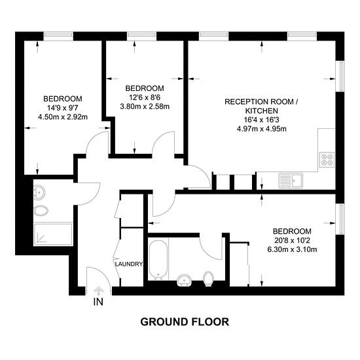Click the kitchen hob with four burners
(x=327, y=160)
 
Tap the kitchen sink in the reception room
(x=291, y=181)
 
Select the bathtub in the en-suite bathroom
(x=158, y=260)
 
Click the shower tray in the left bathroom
(x=53, y=234)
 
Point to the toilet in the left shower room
(x=41, y=210)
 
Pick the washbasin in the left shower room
(x=39, y=192)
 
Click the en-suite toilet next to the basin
(x=208, y=279)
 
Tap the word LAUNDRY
(x=129, y=264)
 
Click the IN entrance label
(x=98, y=302)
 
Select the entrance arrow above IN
(x=99, y=291)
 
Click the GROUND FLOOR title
(x=185, y=322)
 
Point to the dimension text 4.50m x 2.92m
(x=63, y=117)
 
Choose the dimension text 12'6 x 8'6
(x=145, y=98)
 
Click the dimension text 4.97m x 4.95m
(x=262, y=128)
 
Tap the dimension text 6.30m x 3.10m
(x=292, y=249)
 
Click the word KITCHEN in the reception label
(x=262, y=111)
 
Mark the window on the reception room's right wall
(x=340, y=76)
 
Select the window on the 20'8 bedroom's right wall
(x=340, y=219)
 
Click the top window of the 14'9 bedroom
(x=58, y=35)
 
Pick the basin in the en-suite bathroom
(x=185, y=280)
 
